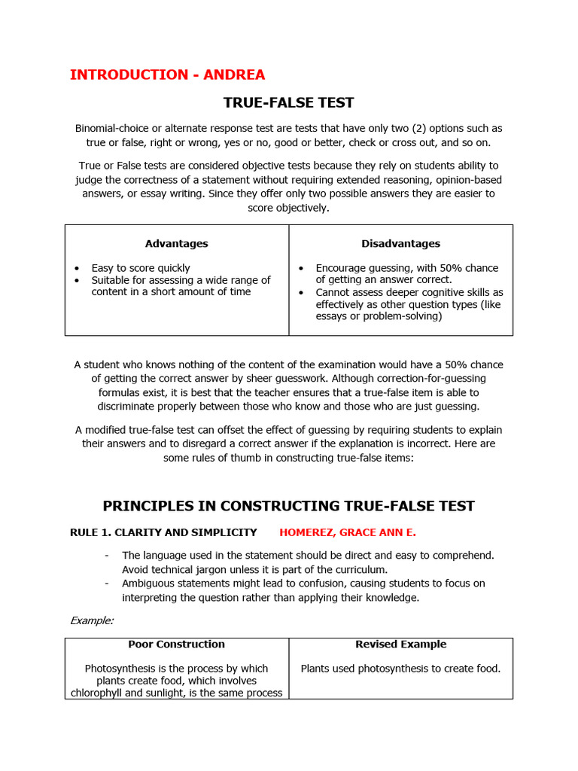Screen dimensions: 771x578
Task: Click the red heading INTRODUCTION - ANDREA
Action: pyautogui.click(x=167, y=75)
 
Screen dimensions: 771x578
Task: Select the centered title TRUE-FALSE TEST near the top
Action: pyautogui.click(x=289, y=102)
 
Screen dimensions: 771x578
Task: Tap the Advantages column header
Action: pyautogui.click(x=176, y=243)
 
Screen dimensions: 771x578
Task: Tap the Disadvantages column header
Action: pyautogui.click(x=400, y=243)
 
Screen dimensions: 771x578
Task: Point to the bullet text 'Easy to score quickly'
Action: pyautogui.click(x=141, y=268)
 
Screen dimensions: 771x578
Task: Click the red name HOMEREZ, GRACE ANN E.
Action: pyautogui.click(x=347, y=532)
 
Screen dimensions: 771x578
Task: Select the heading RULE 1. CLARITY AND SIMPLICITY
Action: pyautogui.click(x=163, y=532)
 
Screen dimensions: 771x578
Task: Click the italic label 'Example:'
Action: pyautogui.click(x=92, y=620)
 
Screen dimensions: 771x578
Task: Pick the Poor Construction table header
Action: pyautogui.click(x=176, y=645)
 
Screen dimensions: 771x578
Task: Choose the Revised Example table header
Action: pyautogui.click(x=400, y=645)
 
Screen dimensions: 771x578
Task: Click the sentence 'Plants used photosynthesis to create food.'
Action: pyautogui.click(x=400, y=669)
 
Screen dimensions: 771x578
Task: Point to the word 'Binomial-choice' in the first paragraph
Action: pyautogui.click(x=112, y=129)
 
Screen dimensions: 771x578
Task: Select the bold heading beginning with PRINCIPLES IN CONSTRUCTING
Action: pyautogui.click(x=289, y=506)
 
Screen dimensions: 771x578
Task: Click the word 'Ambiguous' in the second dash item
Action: pyautogui.click(x=148, y=584)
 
